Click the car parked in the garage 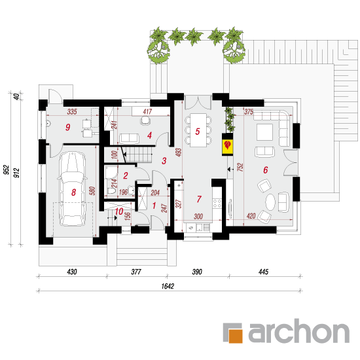pyautogui.click(x=73, y=189)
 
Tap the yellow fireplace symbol pyautogui.click(x=227, y=145)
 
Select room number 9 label pyautogui.click(x=67, y=127)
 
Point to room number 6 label pyautogui.click(x=265, y=170)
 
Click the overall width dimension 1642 pyautogui.click(x=168, y=286)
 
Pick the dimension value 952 pyautogui.click(x=7, y=170)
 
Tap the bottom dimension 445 pyautogui.click(x=263, y=272)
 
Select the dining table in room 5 pyautogui.click(x=198, y=130)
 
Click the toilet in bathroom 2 pyautogui.click(x=111, y=191)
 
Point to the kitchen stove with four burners pyautogui.click(x=217, y=204)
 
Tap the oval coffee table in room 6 pyautogui.click(x=270, y=202)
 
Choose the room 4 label pyautogui.click(x=149, y=135)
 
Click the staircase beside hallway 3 pyautogui.click(x=137, y=154)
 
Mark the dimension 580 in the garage pyautogui.click(x=92, y=191)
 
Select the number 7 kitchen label pyautogui.click(x=199, y=199)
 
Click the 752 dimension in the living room pyautogui.click(x=240, y=167)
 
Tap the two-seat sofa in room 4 pyautogui.click(x=129, y=138)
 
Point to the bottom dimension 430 pyautogui.click(x=72, y=272)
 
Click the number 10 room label pyautogui.click(x=119, y=211)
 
